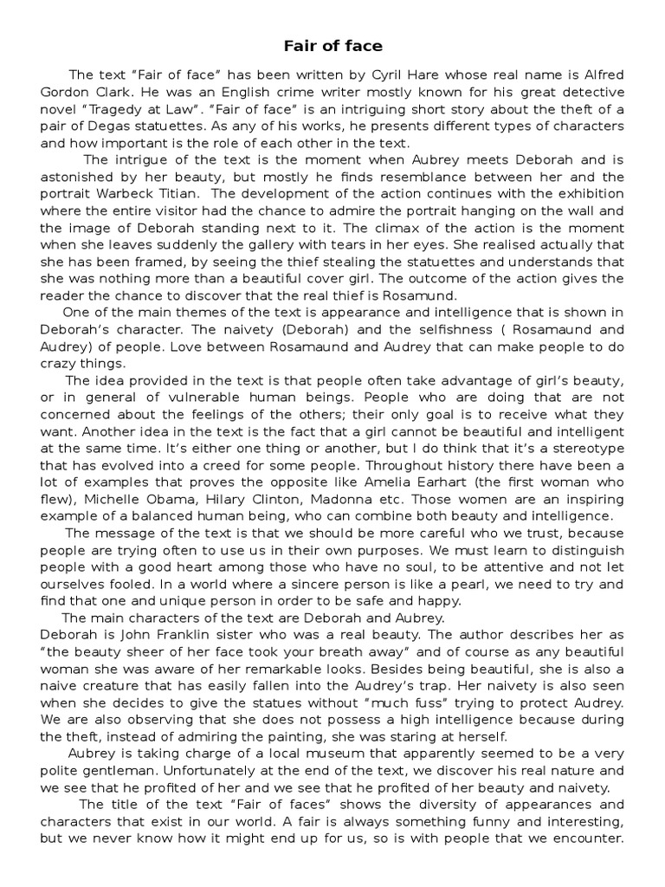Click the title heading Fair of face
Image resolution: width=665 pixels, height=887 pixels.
[333, 44]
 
